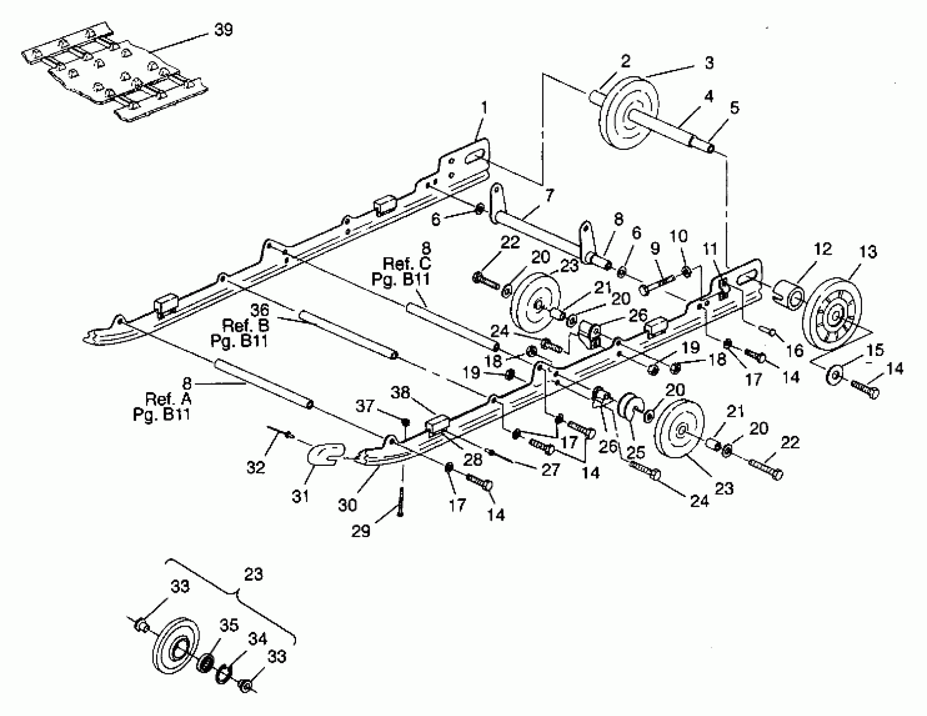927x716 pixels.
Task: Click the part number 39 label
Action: click(223, 30)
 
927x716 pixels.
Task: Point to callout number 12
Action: click(823, 249)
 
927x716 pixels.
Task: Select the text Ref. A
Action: click(168, 399)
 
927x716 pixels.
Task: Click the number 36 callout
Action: click(259, 310)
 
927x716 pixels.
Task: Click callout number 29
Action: click(361, 531)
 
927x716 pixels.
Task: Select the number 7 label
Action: click(549, 196)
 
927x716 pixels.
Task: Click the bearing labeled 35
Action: click(206, 663)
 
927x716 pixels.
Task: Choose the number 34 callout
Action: click(257, 639)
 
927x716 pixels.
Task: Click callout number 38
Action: click(400, 393)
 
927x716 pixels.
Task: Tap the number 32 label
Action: click(256, 468)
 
